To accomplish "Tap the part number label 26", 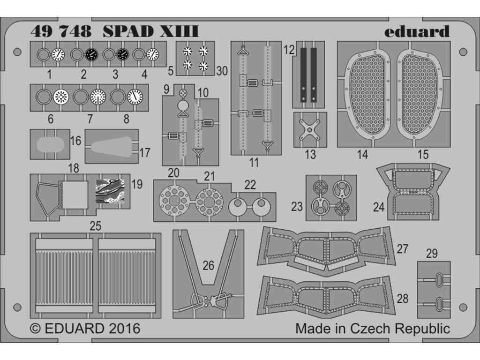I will (209, 265).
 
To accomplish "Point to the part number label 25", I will (95, 226).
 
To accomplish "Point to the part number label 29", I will (432, 254).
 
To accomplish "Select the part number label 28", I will (402, 298).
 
